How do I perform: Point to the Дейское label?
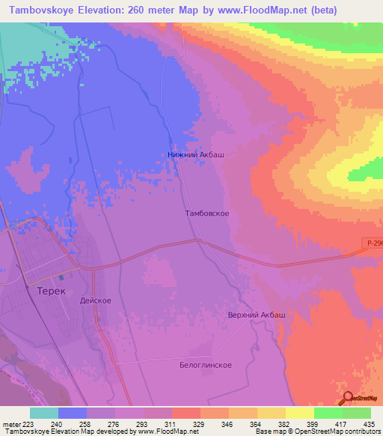click(95, 300)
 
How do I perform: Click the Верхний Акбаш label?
click(257, 315)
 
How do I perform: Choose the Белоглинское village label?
click(205, 365)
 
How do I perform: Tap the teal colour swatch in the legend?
click(44, 413)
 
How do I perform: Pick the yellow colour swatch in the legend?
click(299, 413)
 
